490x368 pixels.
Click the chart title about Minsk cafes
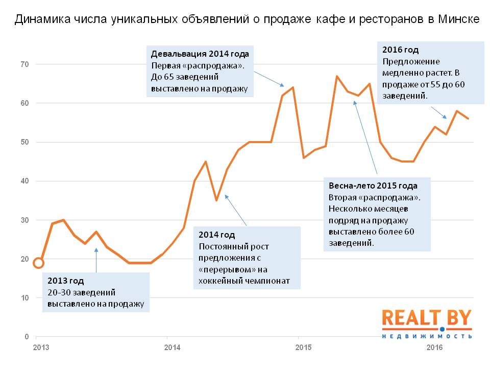click(x=247, y=20)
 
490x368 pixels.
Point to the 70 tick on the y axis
click(x=25, y=64)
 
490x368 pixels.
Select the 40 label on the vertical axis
click(x=25, y=181)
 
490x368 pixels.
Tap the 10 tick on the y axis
click(x=25, y=298)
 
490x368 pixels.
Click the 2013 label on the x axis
click(x=40, y=348)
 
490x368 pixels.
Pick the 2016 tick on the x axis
click(x=434, y=348)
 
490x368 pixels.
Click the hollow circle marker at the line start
click(x=38, y=263)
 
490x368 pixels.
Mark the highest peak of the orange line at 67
click(x=337, y=76)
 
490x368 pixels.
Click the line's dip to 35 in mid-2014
click(x=216, y=200)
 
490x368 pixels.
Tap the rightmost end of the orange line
click(x=468, y=119)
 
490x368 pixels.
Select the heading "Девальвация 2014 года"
click(x=200, y=54)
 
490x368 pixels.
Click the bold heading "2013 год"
click(x=65, y=281)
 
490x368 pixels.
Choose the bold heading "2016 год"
click(x=401, y=50)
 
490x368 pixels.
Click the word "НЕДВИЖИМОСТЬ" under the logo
click(x=427, y=336)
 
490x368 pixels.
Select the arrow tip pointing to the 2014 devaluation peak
click(x=284, y=86)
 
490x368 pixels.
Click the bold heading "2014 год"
click(x=217, y=235)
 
